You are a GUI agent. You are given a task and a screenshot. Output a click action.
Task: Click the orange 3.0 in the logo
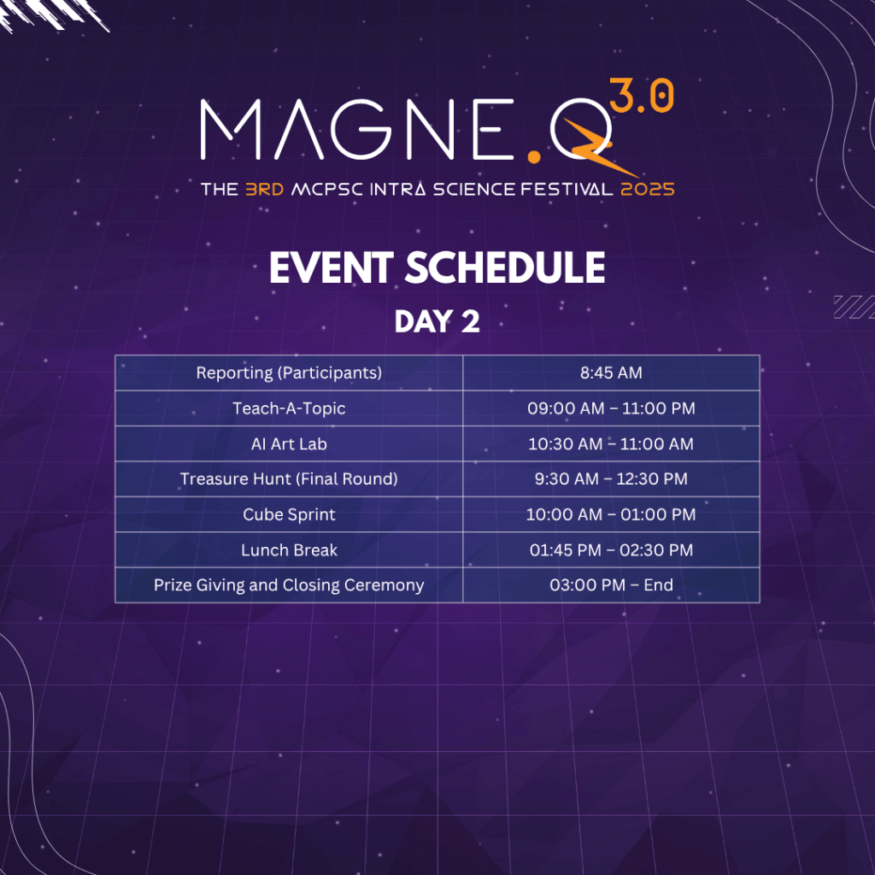pyautogui.click(x=641, y=96)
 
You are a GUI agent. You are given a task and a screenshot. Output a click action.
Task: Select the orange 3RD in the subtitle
pyautogui.click(x=265, y=189)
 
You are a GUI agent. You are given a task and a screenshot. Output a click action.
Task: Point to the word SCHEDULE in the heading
pyautogui.click(x=504, y=267)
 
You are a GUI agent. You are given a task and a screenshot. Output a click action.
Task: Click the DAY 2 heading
pyautogui.click(x=437, y=322)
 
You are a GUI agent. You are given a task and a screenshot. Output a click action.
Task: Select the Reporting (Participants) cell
pyautogui.click(x=289, y=373)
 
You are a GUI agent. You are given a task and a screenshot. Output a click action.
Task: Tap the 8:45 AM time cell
pyautogui.click(x=611, y=373)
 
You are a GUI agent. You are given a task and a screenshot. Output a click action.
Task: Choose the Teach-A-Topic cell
pyautogui.click(x=289, y=408)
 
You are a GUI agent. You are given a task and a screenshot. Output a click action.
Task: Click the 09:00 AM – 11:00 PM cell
pyautogui.click(x=611, y=408)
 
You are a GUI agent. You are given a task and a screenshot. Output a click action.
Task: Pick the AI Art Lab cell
pyautogui.click(x=289, y=444)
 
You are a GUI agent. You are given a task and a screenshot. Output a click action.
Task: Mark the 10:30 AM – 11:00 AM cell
pyautogui.click(x=611, y=444)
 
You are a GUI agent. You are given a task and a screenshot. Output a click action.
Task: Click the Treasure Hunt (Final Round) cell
pyautogui.click(x=289, y=479)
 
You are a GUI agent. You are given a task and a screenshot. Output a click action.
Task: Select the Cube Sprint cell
pyautogui.click(x=289, y=514)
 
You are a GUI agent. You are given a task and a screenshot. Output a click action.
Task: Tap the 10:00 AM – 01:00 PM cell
pyautogui.click(x=611, y=514)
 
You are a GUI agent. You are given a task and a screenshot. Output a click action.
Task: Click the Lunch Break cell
pyautogui.click(x=289, y=550)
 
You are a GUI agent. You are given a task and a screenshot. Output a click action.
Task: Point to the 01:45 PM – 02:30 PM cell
pyautogui.click(x=611, y=550)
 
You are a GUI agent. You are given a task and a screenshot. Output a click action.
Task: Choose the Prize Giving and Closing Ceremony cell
pyautogui.click(x=289, y=584)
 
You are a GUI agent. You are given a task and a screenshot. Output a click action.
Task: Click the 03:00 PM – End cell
pyautogui.click(x=611, y=584)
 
